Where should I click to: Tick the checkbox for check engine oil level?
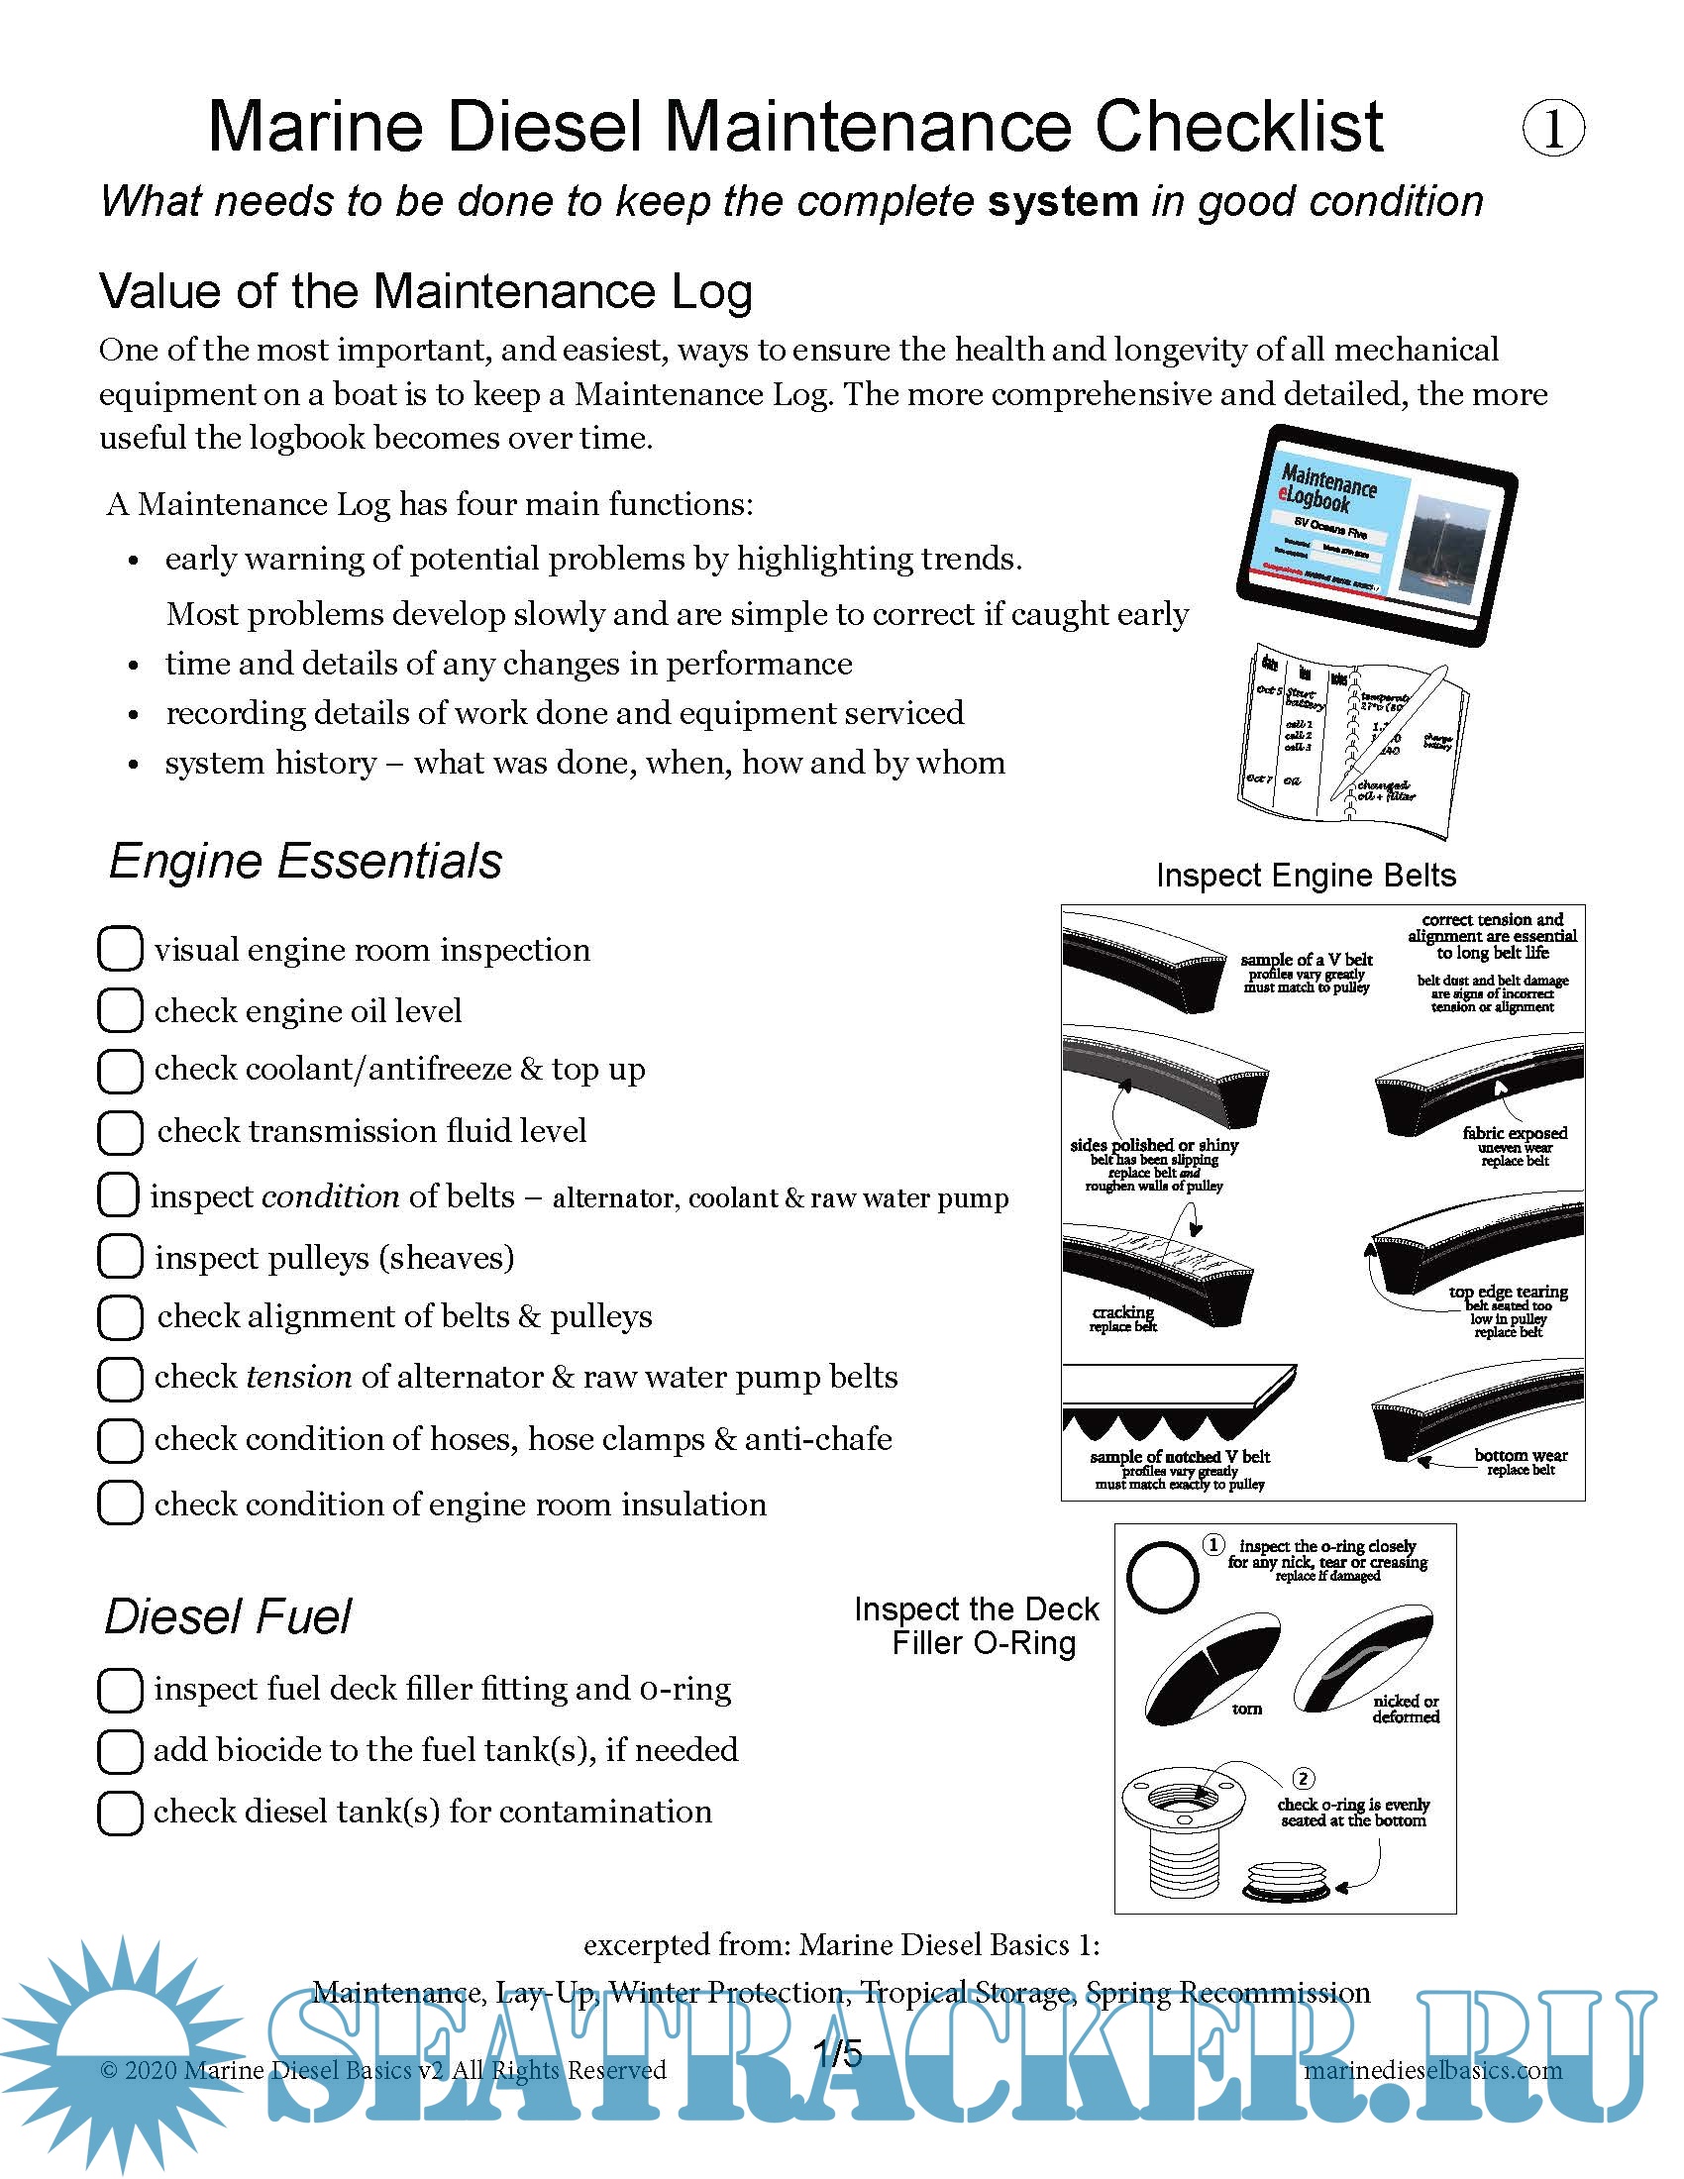point(119,1009)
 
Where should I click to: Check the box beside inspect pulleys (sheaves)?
point(119,1256)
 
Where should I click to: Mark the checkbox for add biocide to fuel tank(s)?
point(119,1751)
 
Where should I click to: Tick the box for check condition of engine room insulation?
point(119,1503)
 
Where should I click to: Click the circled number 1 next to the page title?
point(1553,129)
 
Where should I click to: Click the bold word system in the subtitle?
point(1062,201)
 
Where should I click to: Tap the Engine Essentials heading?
point(305,861)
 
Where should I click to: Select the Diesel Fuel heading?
point(228,1616)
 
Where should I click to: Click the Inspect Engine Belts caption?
point(1305,875)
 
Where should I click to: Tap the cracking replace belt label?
point(1122,1318)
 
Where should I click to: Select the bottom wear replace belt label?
point(1521,1462)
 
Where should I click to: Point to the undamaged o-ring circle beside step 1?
point(1162,1578)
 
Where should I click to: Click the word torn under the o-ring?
point(1246,1710)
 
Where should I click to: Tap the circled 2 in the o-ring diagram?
point(1303,1778)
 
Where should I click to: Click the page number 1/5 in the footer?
point(838,2053)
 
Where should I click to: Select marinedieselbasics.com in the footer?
point(1432,2069)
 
